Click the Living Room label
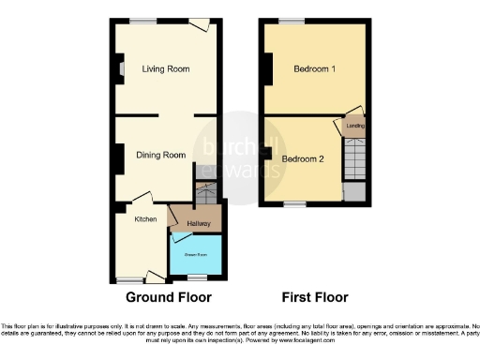pyautogui.click(x=166, y=68)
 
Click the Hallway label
pyautogui.click(x=198, y=223)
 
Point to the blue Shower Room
pyautogui.click(x=196, y=255)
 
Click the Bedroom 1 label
pyautogui.click(x=314, y=69)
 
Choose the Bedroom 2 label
pyautogui.click(x=303, y=158)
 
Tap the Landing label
pyautogui.click(x=355, y=125)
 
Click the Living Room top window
pyautogui.click(x=142, y=21)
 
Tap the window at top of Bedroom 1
pyautogui.click(x=291, y=21)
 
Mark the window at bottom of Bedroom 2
pyautogui.click(x=295, y=202)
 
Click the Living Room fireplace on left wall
pyautogui.click(x=119, y=67)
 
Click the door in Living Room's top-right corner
pyautogui.click(x=199, y=24)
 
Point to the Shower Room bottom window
pyautogui.click(x=196, y=277)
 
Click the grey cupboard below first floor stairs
pyautogui.click(x=353, y=189)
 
